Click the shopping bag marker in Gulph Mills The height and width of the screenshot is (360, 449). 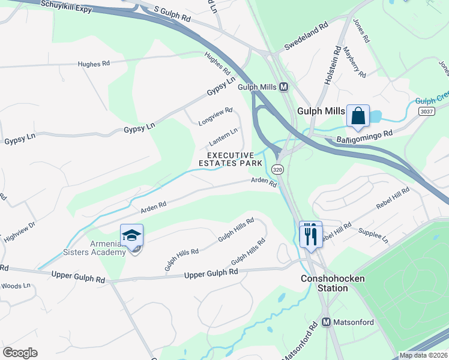[x=358, y=116]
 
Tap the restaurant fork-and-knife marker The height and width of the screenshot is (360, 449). [x=310, y=233]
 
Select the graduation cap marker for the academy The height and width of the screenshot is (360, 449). [x=131, y=236]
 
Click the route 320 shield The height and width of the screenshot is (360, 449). [x=277, y=170]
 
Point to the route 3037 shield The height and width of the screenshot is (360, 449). [x=426, y=112]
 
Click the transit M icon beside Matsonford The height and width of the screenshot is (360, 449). [x=327, y=322]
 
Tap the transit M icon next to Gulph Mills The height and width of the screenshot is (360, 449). [x=284, y=87]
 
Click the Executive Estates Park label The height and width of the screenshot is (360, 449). [x=231, y=159]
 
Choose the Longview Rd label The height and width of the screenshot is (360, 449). [x=215, y=116]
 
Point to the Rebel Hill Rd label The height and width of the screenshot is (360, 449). [x=393, y=199]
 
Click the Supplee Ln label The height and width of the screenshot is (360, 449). [x=373, y=235]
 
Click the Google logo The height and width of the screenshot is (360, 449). [x=20, y=352]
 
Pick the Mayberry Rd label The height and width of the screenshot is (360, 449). [x=355, y=62]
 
